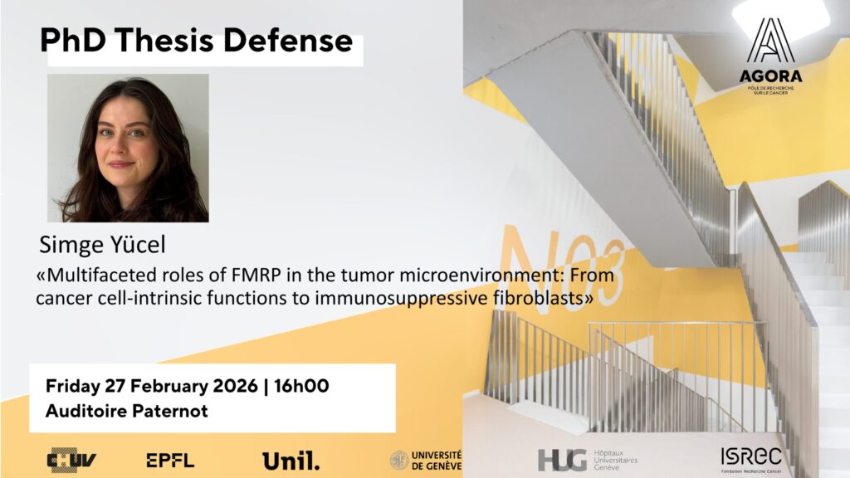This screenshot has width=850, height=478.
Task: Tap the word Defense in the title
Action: tap(288, 40)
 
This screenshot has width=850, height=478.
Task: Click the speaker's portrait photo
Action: tap(128, 148)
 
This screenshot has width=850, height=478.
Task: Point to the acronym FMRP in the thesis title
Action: tap(256, 276)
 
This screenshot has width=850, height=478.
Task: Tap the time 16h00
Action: tap(301, 386)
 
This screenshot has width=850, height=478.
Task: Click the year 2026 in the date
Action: tap(235, 386)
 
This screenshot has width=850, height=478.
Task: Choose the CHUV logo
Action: tap(71, 460)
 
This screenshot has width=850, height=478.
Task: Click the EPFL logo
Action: tap(170, 461)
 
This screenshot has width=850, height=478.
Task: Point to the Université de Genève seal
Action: tap(399, 461)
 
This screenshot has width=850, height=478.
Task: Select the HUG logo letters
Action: tap(562, 461)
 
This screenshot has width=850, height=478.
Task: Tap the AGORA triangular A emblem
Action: tap(770, 41)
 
